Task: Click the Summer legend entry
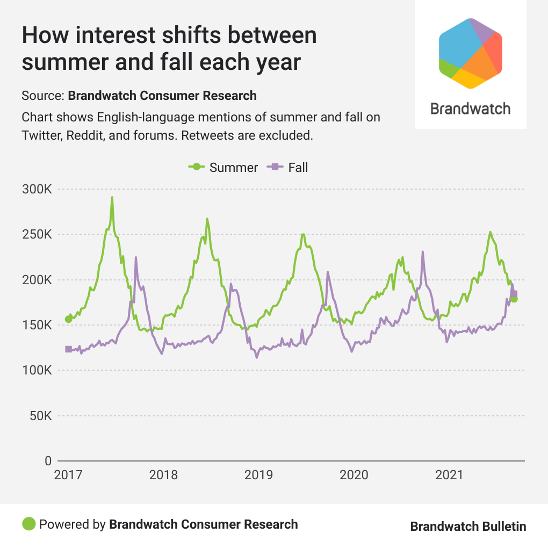click(x=223, y=167)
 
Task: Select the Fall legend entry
click(x=288, y=167)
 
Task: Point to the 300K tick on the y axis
click(x=37, y=190)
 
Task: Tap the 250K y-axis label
click(x=37, y=235)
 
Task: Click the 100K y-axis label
click(x=37, y=371)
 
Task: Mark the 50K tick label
click(x=40, y=416)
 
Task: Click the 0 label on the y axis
click(x=48, y=461)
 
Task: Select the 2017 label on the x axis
click(x=68, y=475)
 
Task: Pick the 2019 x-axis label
click(x=258, y=475)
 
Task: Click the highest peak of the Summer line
click(x=112, y=198)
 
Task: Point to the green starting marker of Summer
click(x=68, y=319)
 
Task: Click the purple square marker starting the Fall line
click(x=68, y=349)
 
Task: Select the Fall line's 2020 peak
click(x=423, y=252)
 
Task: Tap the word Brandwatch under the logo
click(x=470, y=109)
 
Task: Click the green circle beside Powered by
click(x=29, y=524)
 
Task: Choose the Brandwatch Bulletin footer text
click(x=468, y=527)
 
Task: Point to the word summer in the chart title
click(x=60, y=62)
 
